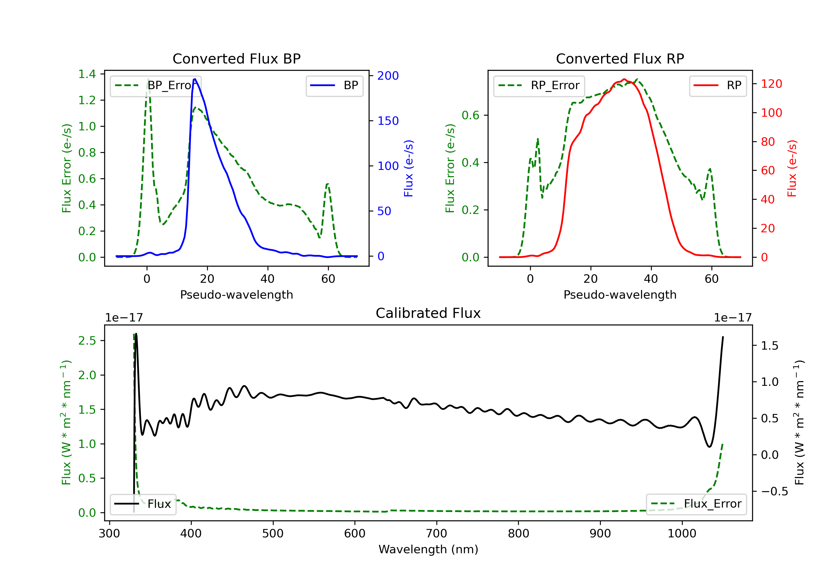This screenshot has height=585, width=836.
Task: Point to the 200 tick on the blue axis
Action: (388, 76)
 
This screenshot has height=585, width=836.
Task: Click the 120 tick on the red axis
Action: (771, 84)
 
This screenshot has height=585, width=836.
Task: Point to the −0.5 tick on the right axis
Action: (774, 492)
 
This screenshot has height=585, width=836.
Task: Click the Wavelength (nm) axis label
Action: (428, 549)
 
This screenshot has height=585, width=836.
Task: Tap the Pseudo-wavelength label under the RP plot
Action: (620, 295)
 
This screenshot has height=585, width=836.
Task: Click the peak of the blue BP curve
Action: (195, 79)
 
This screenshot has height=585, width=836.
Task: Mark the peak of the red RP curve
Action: (624, 79)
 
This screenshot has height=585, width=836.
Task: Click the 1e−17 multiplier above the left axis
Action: (124, 318)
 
